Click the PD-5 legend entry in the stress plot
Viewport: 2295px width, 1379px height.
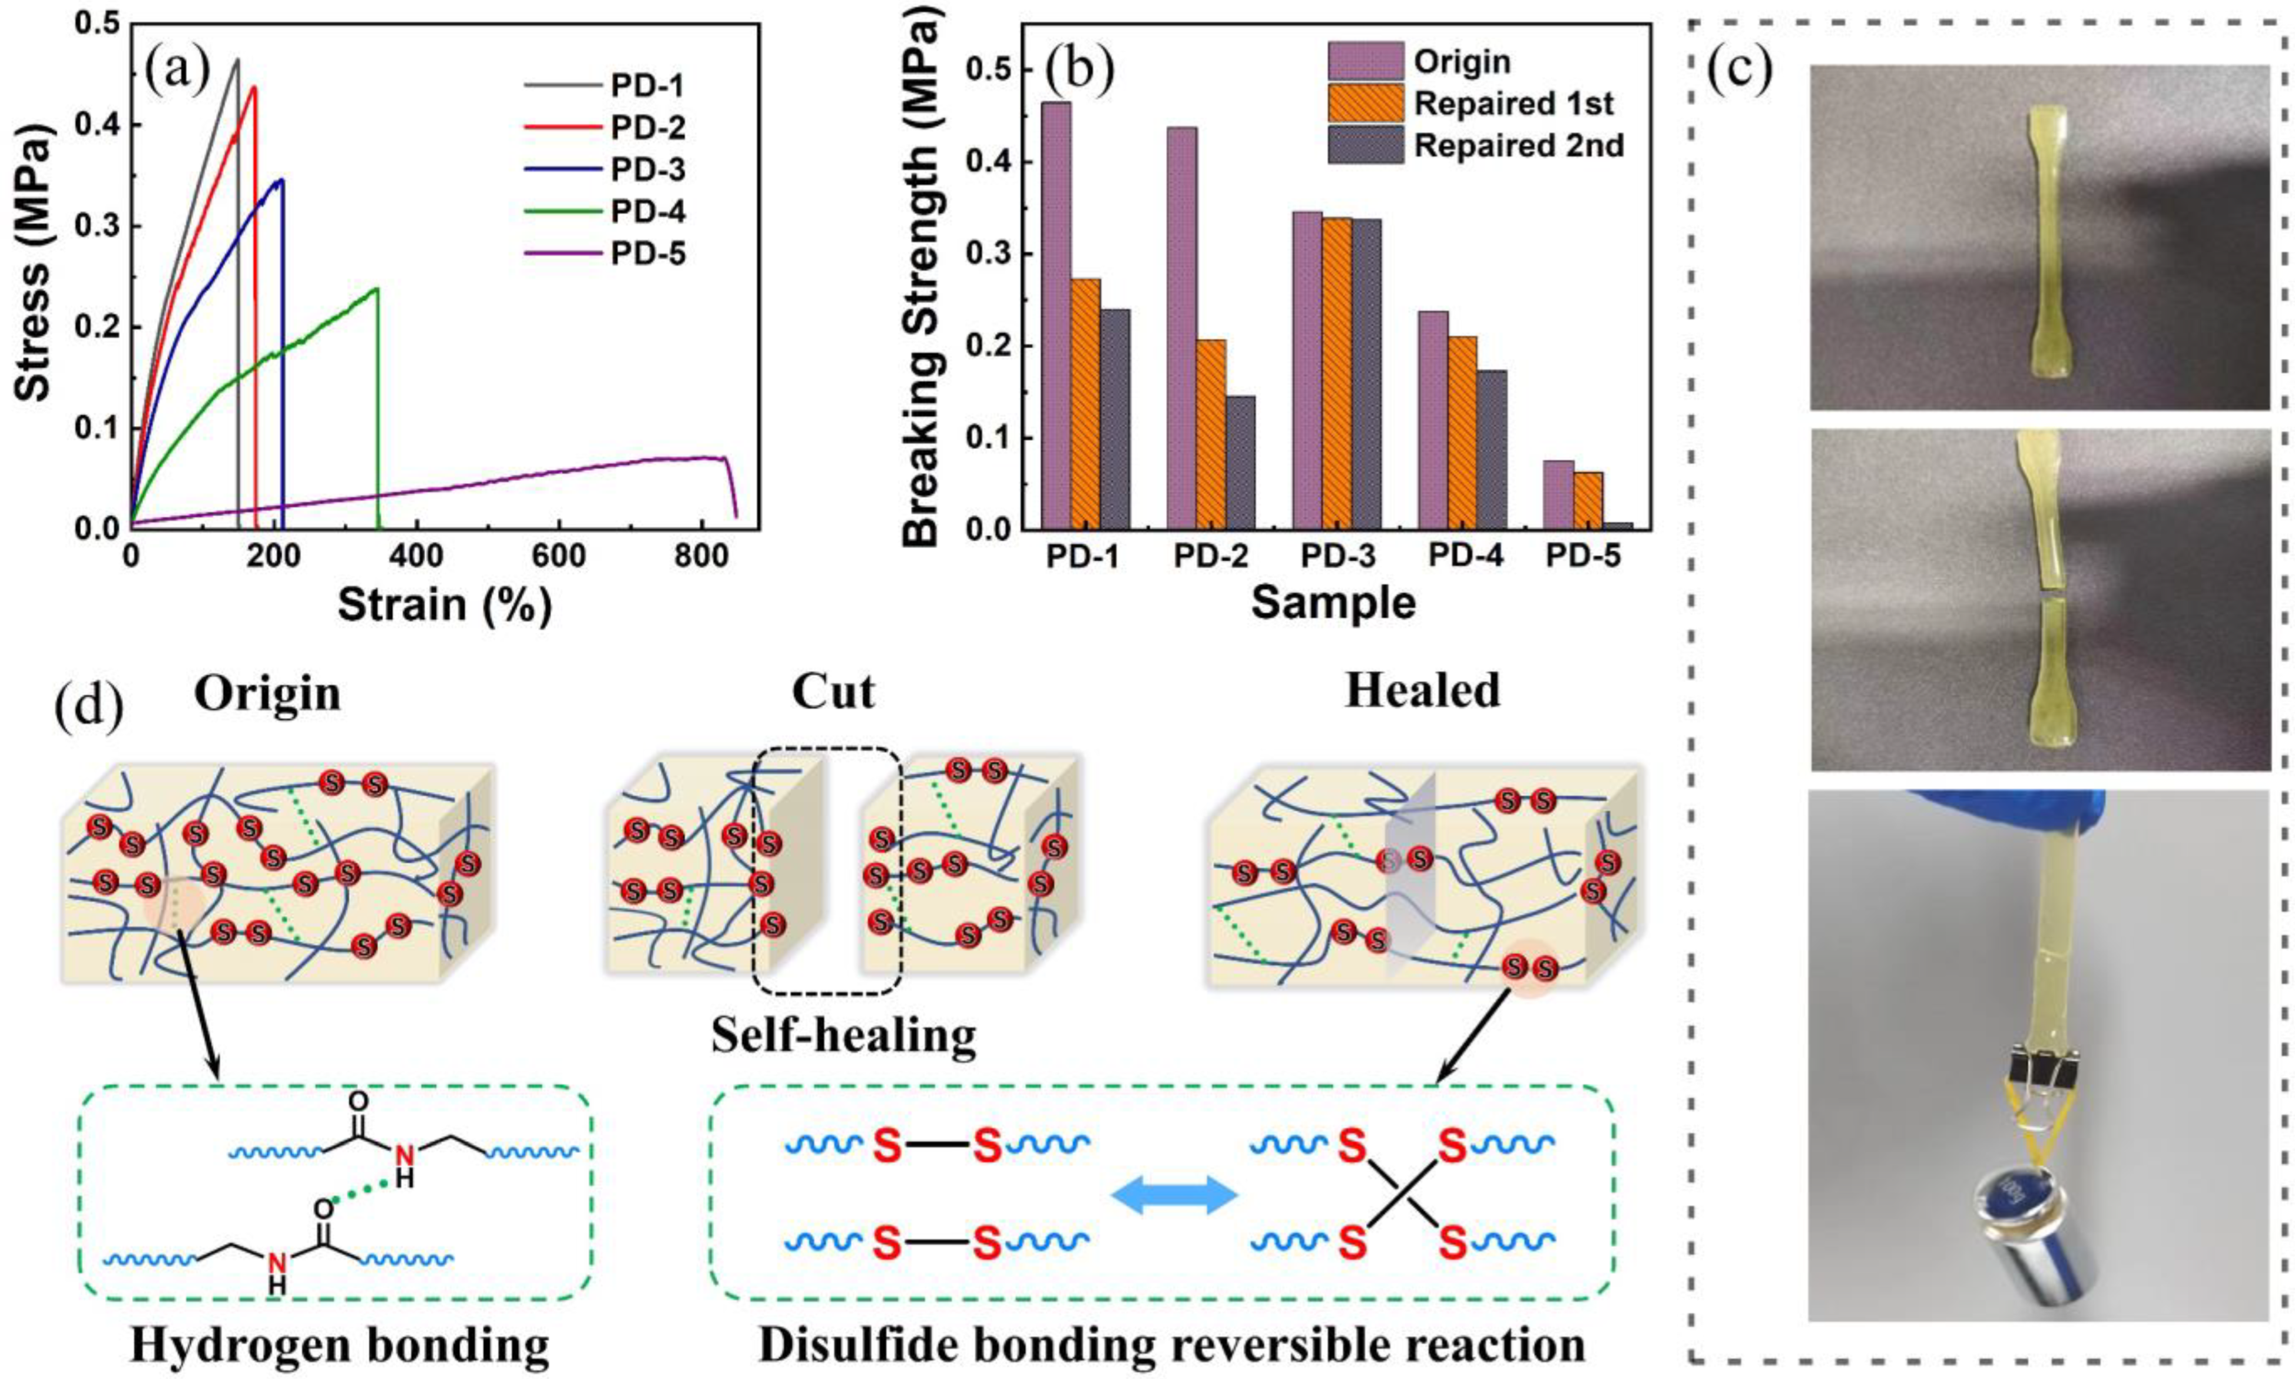coord(648,254)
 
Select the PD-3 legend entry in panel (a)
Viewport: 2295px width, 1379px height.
coord(648,170)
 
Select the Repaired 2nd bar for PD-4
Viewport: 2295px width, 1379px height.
coord(1491,450)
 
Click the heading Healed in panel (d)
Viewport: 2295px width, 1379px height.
coord(1422,692)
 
